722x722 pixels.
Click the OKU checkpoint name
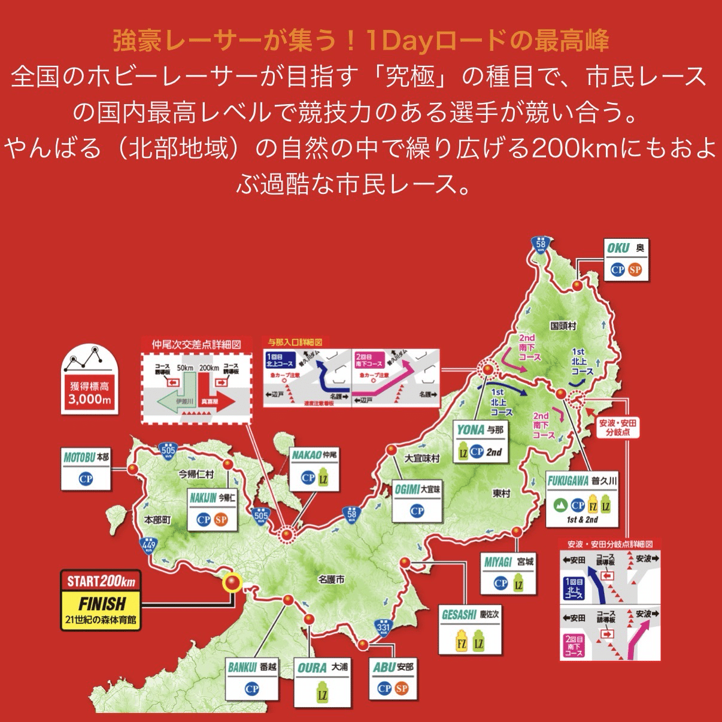(x=618, y=248)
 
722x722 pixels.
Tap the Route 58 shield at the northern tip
(x=541, y=243)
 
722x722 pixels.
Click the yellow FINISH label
(x=102, y=603)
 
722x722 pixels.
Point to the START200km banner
(x=101, y=581)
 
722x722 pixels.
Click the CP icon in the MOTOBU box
(x=86, y=478)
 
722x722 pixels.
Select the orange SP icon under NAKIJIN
(x=221, y=519)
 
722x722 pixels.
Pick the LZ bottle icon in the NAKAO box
(x=323, y=478)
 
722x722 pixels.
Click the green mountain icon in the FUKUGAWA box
(x=560, y=505)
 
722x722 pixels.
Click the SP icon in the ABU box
(x=402, y=688)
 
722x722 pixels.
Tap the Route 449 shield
(x=148, y=545)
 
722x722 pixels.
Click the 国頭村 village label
(x=563, y=326)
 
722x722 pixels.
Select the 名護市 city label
(x=331, y=579)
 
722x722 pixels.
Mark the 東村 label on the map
(x=501, y=493)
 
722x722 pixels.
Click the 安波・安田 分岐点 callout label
(x=618, y=427)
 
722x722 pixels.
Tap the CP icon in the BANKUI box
(x=252, y=688)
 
